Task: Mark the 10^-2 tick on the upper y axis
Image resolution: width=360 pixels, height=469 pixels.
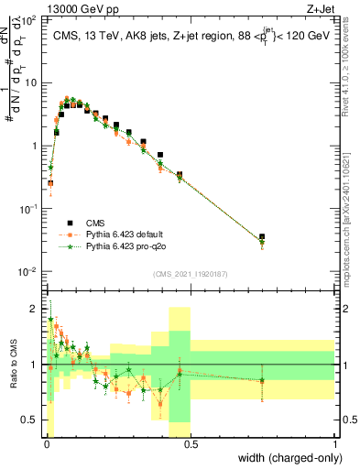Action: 29,272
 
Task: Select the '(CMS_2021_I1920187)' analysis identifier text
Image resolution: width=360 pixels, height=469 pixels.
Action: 190,273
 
